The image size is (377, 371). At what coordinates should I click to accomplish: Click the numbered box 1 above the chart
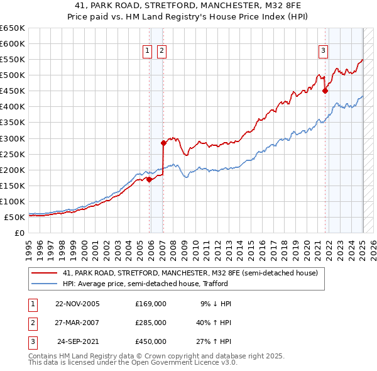(147, 52)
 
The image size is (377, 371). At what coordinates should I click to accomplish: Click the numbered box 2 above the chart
(161, 52)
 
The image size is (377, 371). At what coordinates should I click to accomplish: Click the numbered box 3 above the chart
(323, 52)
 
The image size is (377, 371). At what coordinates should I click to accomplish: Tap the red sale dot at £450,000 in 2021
(325, 91)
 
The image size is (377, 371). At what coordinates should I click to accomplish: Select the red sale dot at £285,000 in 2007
(163, 143)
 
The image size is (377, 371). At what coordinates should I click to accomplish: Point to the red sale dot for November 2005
(149, 179)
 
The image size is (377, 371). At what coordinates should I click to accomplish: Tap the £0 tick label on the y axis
(19, 233)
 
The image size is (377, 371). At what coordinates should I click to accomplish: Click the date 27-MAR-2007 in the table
(77, 323)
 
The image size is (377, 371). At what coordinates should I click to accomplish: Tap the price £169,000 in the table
(151, 304)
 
